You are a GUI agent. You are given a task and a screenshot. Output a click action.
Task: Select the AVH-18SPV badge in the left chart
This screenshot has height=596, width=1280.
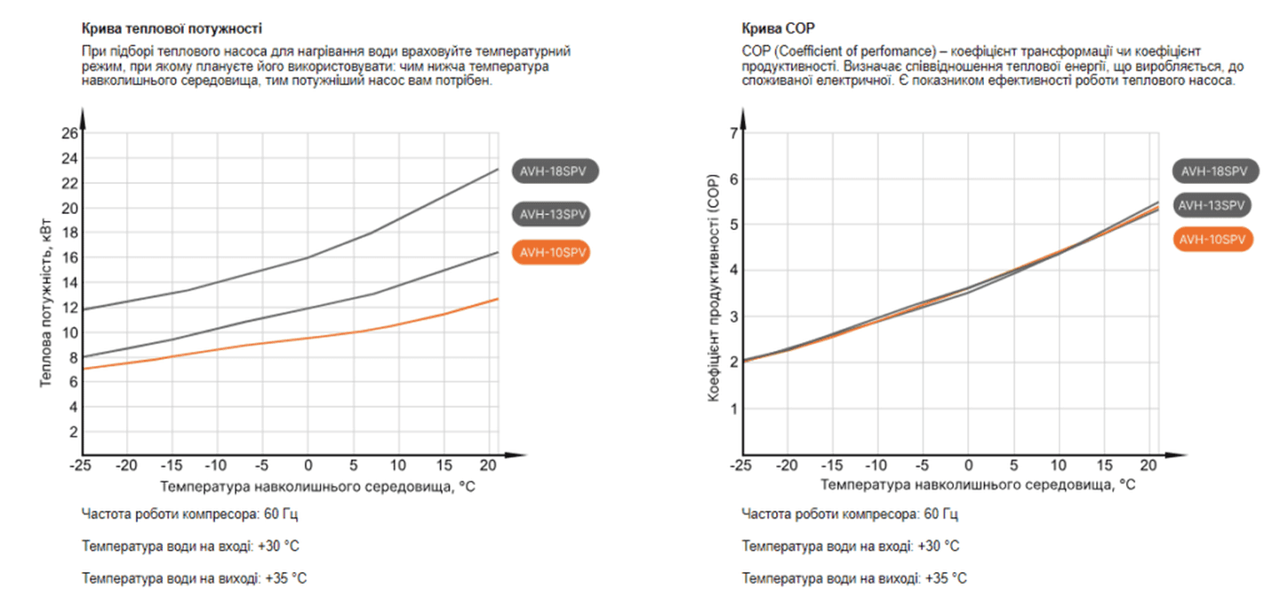(x=556, y=171)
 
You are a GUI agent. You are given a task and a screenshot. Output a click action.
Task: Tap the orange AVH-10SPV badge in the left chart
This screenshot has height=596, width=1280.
(x=555, y=252)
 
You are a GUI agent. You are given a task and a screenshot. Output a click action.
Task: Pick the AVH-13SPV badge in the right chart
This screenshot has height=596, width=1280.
(x=1213, y=205)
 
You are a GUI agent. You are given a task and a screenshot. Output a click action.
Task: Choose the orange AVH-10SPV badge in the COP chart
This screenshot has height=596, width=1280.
(x=1213, y=239)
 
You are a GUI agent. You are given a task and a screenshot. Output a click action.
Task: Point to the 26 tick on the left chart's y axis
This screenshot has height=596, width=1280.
(x=69, y=134)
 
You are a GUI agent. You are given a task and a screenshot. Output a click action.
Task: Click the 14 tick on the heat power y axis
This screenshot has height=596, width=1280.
(x=69, y=283)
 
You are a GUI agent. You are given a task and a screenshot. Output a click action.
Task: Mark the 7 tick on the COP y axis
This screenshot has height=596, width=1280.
(x=733, y=133)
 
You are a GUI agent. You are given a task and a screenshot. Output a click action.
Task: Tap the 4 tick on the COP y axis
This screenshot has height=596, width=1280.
(x=733, y=271)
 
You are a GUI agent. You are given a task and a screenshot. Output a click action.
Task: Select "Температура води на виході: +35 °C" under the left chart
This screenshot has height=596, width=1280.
(x=195, y=578)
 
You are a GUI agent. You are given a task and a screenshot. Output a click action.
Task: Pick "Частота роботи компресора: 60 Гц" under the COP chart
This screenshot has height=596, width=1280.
(x=850, y=514)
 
